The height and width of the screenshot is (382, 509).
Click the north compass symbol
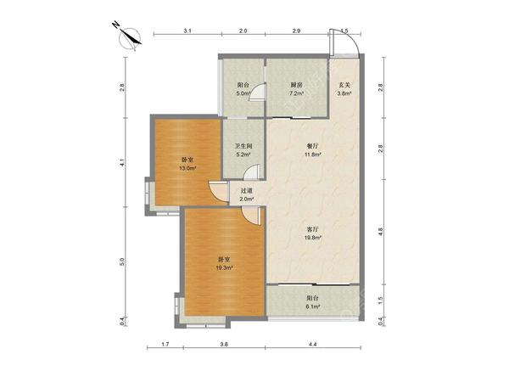[x=129, y=37]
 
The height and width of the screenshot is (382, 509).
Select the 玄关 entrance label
[x=344, y=86]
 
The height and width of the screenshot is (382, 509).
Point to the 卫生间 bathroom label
[x=243, y=146]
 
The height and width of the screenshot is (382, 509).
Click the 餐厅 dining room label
[x=313, y=146]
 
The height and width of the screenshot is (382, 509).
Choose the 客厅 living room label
[x=313, y=229]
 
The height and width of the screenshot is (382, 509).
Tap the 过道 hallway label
[x=246, y=191]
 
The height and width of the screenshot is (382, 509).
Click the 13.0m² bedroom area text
[x=187, y=168]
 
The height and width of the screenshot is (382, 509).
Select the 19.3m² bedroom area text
[x=225, y=268]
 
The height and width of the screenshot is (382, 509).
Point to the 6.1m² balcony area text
[x=313, y=306]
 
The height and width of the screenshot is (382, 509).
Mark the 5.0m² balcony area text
[x=243, y=93]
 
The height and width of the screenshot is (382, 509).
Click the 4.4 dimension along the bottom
[x=312, y=345]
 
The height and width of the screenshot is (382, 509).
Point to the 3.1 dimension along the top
[x=187, y=31]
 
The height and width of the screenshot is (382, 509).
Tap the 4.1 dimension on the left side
[x=122, y=162]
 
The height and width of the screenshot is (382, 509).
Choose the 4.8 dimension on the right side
[x=381, y=232]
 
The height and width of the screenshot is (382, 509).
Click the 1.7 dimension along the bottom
[x=165, y=345]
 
